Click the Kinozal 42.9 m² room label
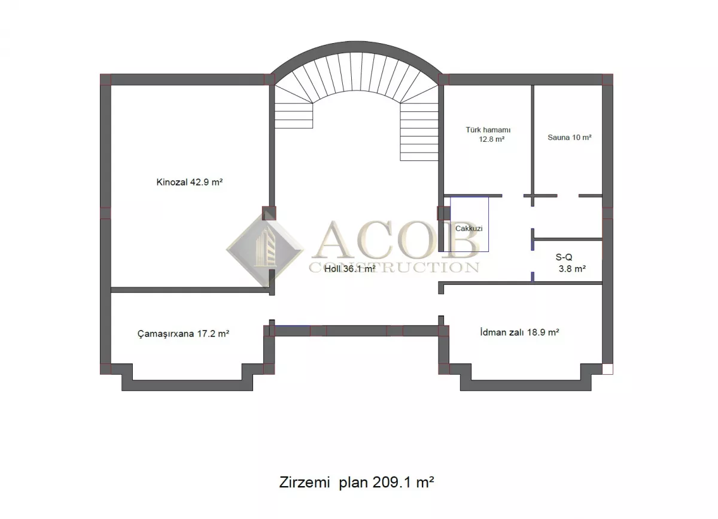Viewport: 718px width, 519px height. coord(190,182)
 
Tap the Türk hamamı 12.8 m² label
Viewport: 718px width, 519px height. coord(488,135)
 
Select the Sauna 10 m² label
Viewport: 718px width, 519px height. coord(569,137)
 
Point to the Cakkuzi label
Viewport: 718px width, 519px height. coord(468,229)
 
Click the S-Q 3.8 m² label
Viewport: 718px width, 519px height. coord(571,263)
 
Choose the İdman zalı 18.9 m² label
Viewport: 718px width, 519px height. coord(519,332)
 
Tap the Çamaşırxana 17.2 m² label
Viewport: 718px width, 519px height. coord(183,334)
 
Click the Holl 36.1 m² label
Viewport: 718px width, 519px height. coord(349,269)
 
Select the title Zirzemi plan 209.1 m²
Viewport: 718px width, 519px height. coord(357,482)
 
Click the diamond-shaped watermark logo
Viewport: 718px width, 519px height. coord(266,249)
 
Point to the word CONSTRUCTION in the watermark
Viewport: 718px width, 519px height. coord(394,268)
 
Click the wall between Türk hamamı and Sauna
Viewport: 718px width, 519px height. coord(533,140)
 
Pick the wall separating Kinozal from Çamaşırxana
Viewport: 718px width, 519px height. coord(191,290)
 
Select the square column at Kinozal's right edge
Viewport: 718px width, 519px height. coord(269,213)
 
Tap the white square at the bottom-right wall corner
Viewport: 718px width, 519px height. coord(607,369)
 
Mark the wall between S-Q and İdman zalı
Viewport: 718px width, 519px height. coord(520,283)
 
